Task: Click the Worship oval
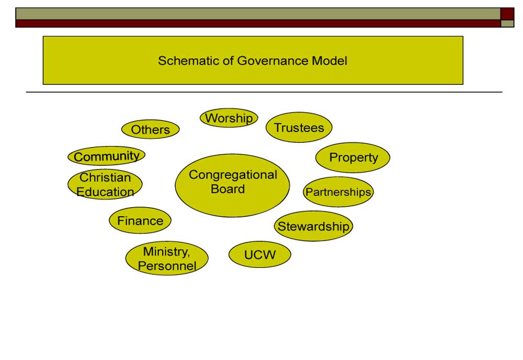tap(229, 118)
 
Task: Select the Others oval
tap(151, 129)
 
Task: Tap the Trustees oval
tap(299, 127)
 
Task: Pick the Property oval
tap(353, 157)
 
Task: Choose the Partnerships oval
tap(338, 192)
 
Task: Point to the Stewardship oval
tap(313, 226)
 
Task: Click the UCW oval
tap(260, 255)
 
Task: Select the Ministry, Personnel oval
tap(167, 258)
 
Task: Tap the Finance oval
tap(140, 220)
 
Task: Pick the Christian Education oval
tap(105, 185)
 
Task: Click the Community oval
tap(106, 156)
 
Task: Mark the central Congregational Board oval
tap(233, 186)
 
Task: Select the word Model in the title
tap(329, 61)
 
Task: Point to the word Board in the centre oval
tap(228, 189)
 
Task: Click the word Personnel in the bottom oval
tap(167, 266)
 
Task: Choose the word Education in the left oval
tap(105, 192)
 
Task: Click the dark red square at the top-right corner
tap(507, 14)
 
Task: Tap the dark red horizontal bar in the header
tap(258, 24)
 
